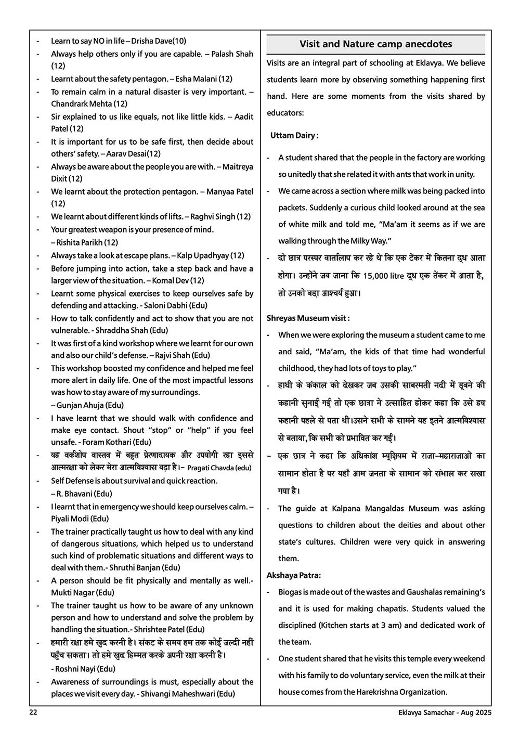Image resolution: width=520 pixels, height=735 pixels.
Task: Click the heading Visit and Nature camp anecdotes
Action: point(375,44)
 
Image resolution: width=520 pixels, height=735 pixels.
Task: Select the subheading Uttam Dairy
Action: point(294,135)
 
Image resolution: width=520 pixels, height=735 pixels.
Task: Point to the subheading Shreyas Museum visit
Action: point(308,318)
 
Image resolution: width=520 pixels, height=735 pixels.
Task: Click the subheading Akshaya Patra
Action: point(293,575)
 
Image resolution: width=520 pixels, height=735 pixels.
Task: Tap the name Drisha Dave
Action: point(151,41)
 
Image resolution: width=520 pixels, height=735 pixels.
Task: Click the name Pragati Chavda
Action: point(210,468)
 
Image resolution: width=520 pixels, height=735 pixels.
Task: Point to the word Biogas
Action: point(290,592)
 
